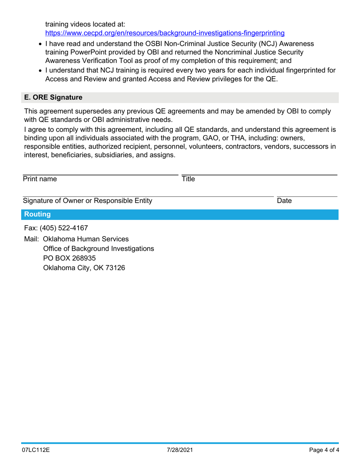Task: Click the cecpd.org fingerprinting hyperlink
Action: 165,33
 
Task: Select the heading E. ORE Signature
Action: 53,98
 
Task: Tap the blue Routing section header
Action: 37,215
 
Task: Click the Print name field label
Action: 40,179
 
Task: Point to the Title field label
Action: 188,179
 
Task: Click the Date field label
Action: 284,201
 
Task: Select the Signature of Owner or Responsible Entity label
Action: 88,201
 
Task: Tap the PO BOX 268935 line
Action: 69,258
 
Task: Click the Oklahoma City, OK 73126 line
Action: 84,268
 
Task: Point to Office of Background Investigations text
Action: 99,249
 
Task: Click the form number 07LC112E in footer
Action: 36,451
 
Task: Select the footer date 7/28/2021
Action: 180,451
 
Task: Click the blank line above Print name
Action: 100,175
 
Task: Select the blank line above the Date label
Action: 307,196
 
